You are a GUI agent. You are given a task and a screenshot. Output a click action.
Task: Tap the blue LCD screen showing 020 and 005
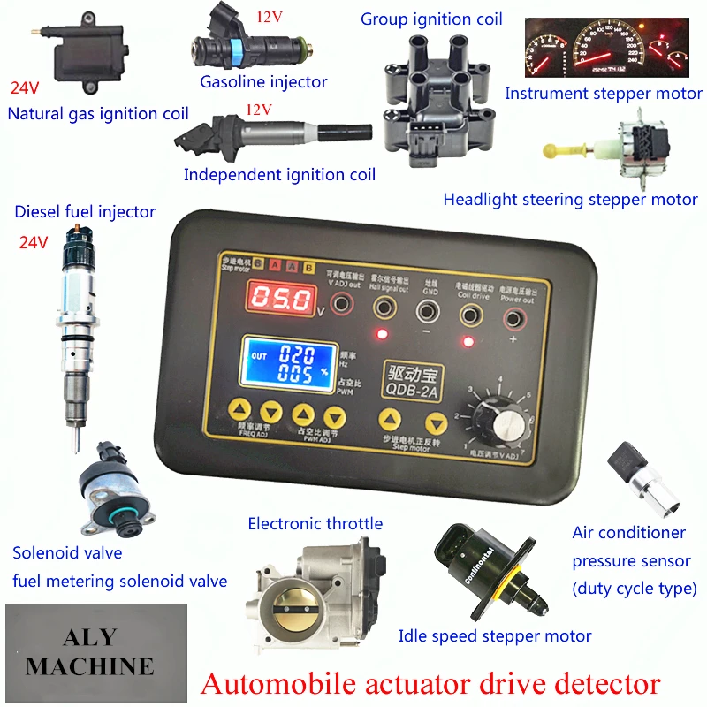pos(285,361)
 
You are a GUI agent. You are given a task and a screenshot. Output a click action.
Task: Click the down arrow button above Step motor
pos(433,422)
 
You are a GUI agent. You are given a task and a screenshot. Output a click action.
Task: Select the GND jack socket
pos(430,308)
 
